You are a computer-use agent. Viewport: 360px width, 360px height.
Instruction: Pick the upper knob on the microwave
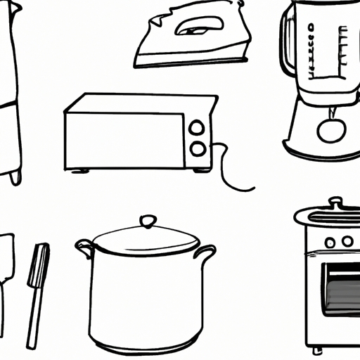pos(198,127)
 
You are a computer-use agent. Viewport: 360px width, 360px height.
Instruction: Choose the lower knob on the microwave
pos(198,148)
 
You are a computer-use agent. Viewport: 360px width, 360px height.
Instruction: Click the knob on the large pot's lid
pos(148,222)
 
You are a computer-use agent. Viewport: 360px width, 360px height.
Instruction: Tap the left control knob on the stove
pos(328,241)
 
